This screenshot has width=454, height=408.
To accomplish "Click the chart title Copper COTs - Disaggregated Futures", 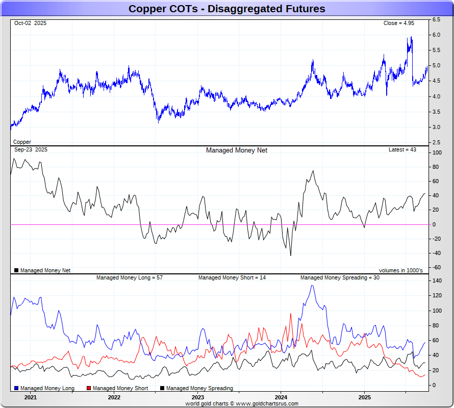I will (226, 9).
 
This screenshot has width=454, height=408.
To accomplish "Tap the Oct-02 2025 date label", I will (30, 23).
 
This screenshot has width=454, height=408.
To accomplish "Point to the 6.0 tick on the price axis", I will (437, 35).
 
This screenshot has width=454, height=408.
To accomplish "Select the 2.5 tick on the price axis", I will (437, 142).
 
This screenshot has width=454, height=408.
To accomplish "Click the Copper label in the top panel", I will (22, 142).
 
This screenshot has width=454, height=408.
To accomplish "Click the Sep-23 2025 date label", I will (31, 150).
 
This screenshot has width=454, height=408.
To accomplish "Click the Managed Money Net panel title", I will (236, 150).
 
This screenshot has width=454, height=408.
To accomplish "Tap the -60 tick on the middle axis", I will (436, 267).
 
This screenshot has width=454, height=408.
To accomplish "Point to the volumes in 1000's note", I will (400, 270).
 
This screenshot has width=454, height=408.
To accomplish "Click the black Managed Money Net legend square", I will (16, 270).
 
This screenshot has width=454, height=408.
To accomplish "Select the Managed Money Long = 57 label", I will (130, 277).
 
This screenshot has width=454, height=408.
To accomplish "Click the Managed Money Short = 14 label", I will (232, 277).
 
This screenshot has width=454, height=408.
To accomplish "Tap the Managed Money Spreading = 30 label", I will (339, 277).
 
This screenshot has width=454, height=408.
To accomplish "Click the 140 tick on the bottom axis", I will (437, 280).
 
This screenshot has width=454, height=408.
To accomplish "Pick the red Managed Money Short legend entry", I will (117, 388).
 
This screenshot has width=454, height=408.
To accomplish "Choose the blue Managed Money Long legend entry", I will (44, 388).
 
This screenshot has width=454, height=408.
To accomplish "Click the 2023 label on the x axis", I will (198, 397).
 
